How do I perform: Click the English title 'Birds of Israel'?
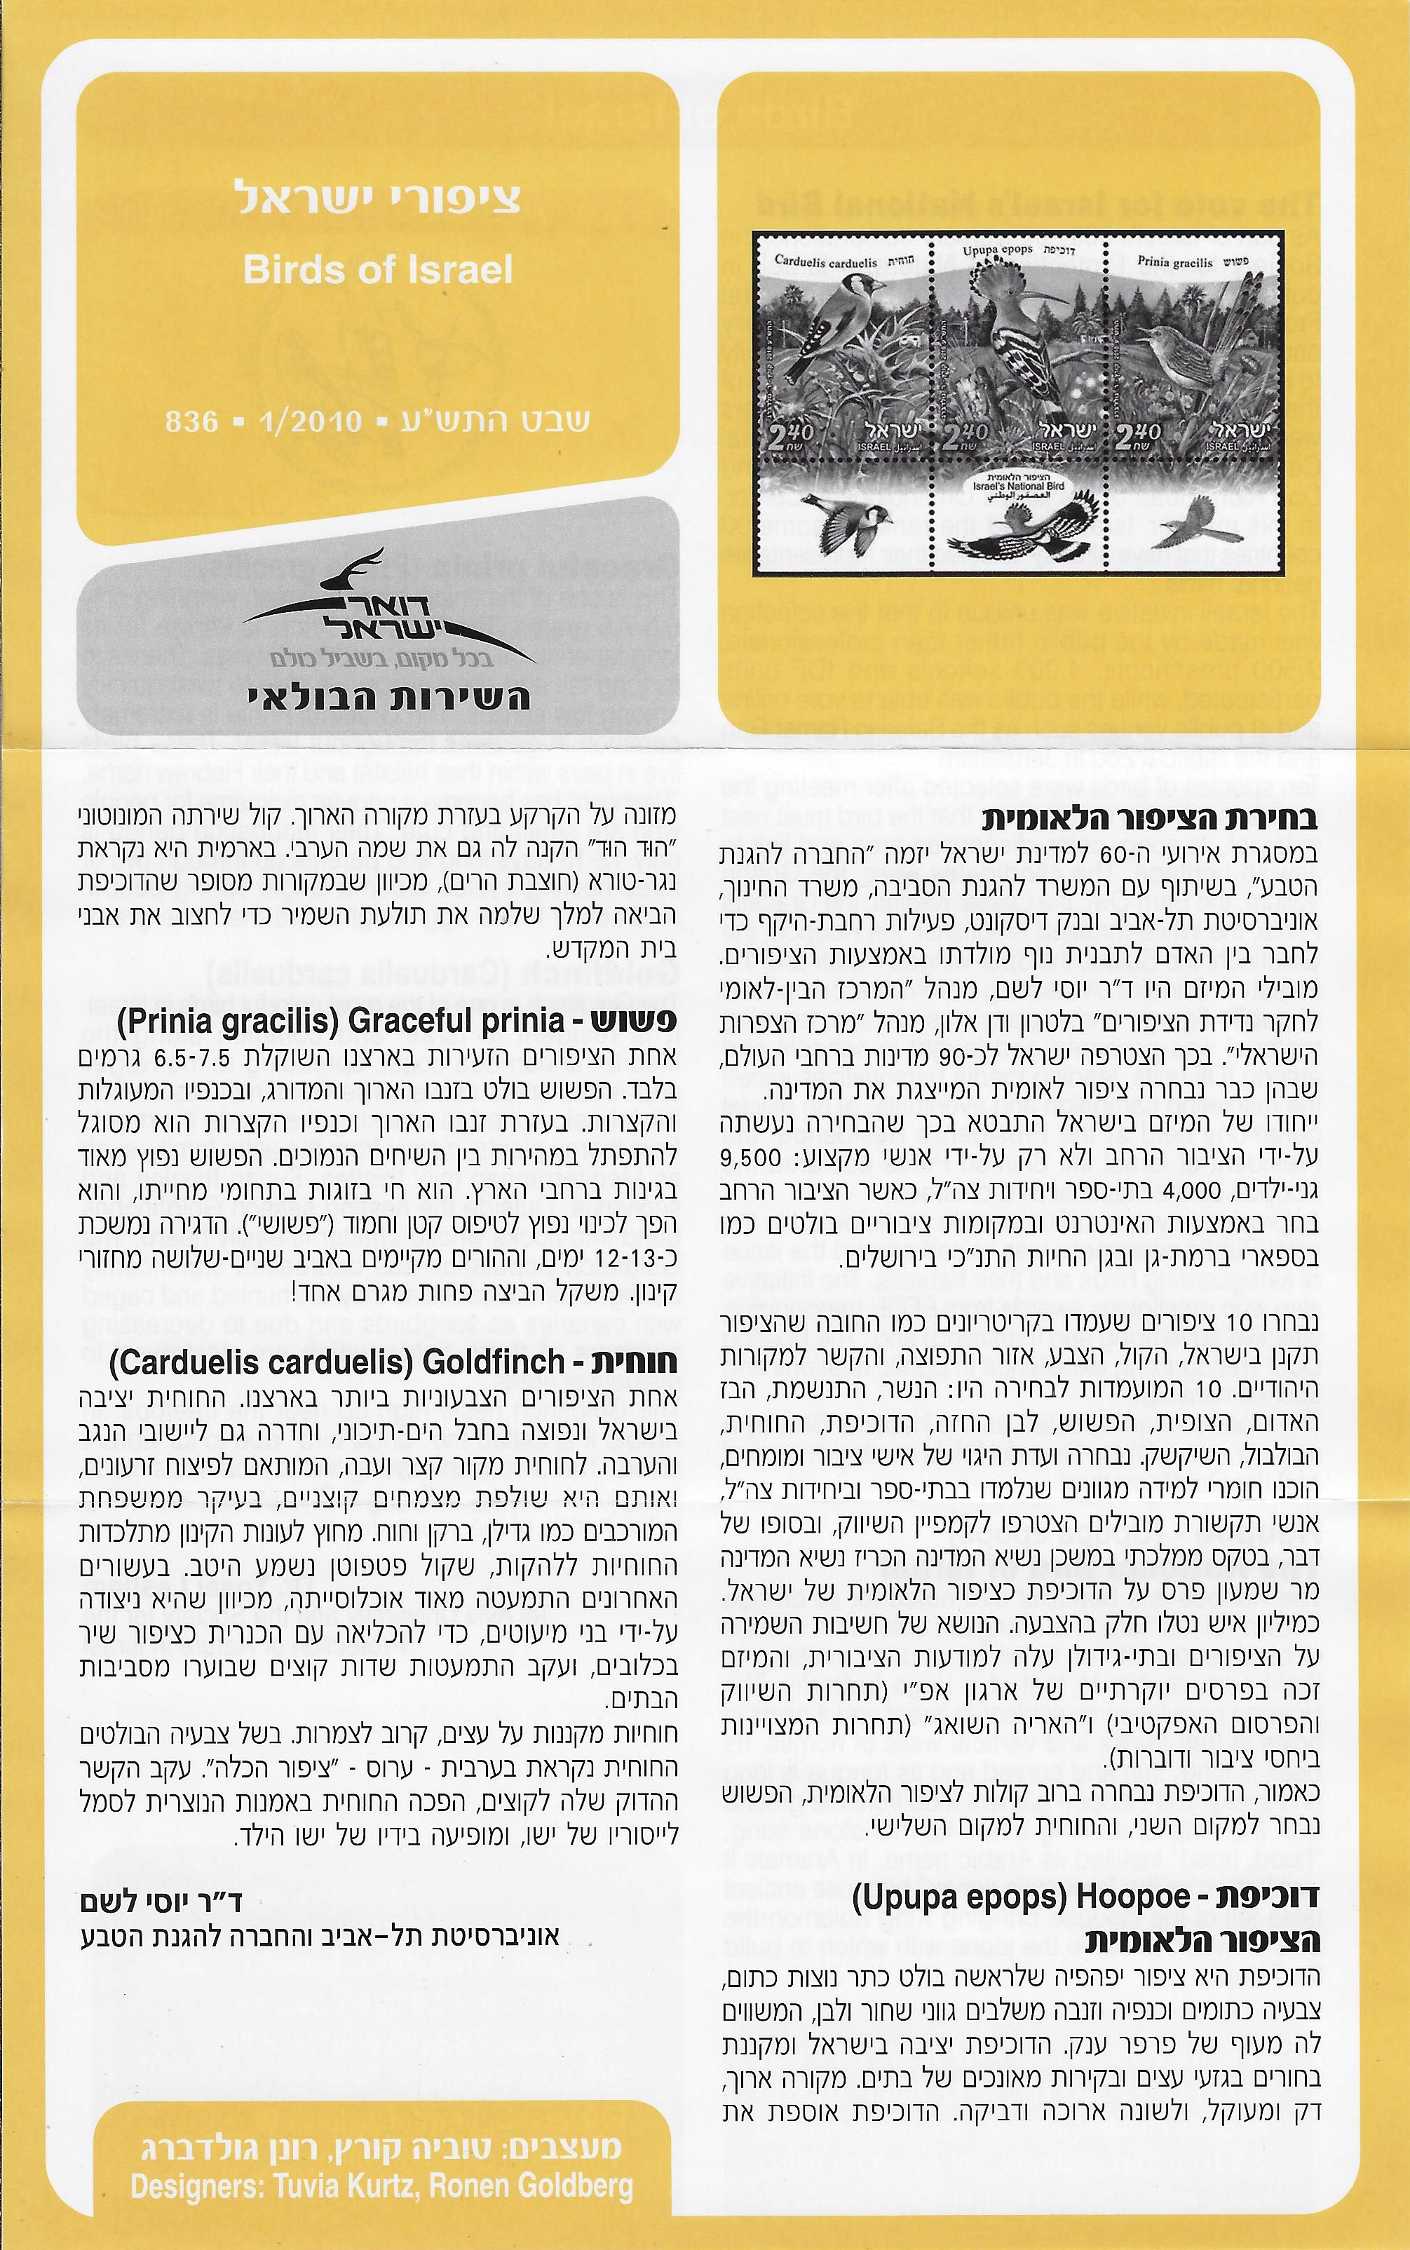(x=378, y=271)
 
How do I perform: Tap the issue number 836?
(x=191, y=421)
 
